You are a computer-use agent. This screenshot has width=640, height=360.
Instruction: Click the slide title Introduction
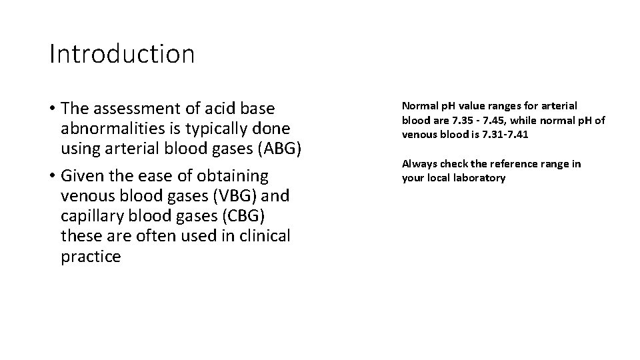click(x=122, y=54)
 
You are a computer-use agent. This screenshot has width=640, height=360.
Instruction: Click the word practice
click(x=91, y=257)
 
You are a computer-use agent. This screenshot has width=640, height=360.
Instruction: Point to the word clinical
click(x=265, y=237)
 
